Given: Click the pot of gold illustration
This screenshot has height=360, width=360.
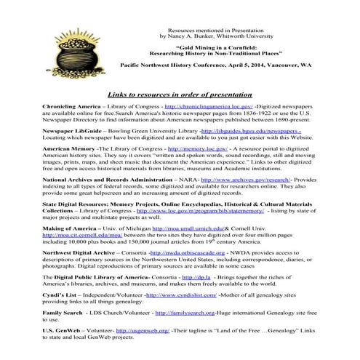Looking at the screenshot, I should [x=49, y=45].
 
